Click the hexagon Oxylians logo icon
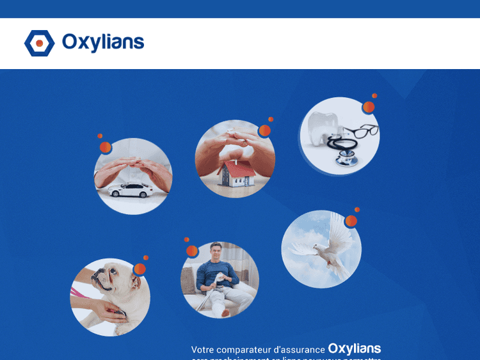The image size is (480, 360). pyautogui.click(x=40, y=43)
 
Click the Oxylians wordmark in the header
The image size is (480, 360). pyautogui.click(x=103, y=43)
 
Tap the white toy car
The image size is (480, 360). pyautogui.click(x=131, y=190)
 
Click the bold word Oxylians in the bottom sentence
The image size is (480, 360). pyautogui.click(x=355, y=348)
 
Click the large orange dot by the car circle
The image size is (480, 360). pyautogui.click(x=106, y=148)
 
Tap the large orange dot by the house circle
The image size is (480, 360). pyautogui.click(x=264, y=130)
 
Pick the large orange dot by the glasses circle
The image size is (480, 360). pyautogui.click(x=369, y=107)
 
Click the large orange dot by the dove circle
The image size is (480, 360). pyautogui.click(x=351, y=221)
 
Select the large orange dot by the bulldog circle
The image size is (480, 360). pyautogui.click(x=140, y=269)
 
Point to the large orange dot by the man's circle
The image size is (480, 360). pyautogui.click(x=192, y=251)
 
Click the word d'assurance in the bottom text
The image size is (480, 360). pyautogui.click(x=299, y=350)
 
